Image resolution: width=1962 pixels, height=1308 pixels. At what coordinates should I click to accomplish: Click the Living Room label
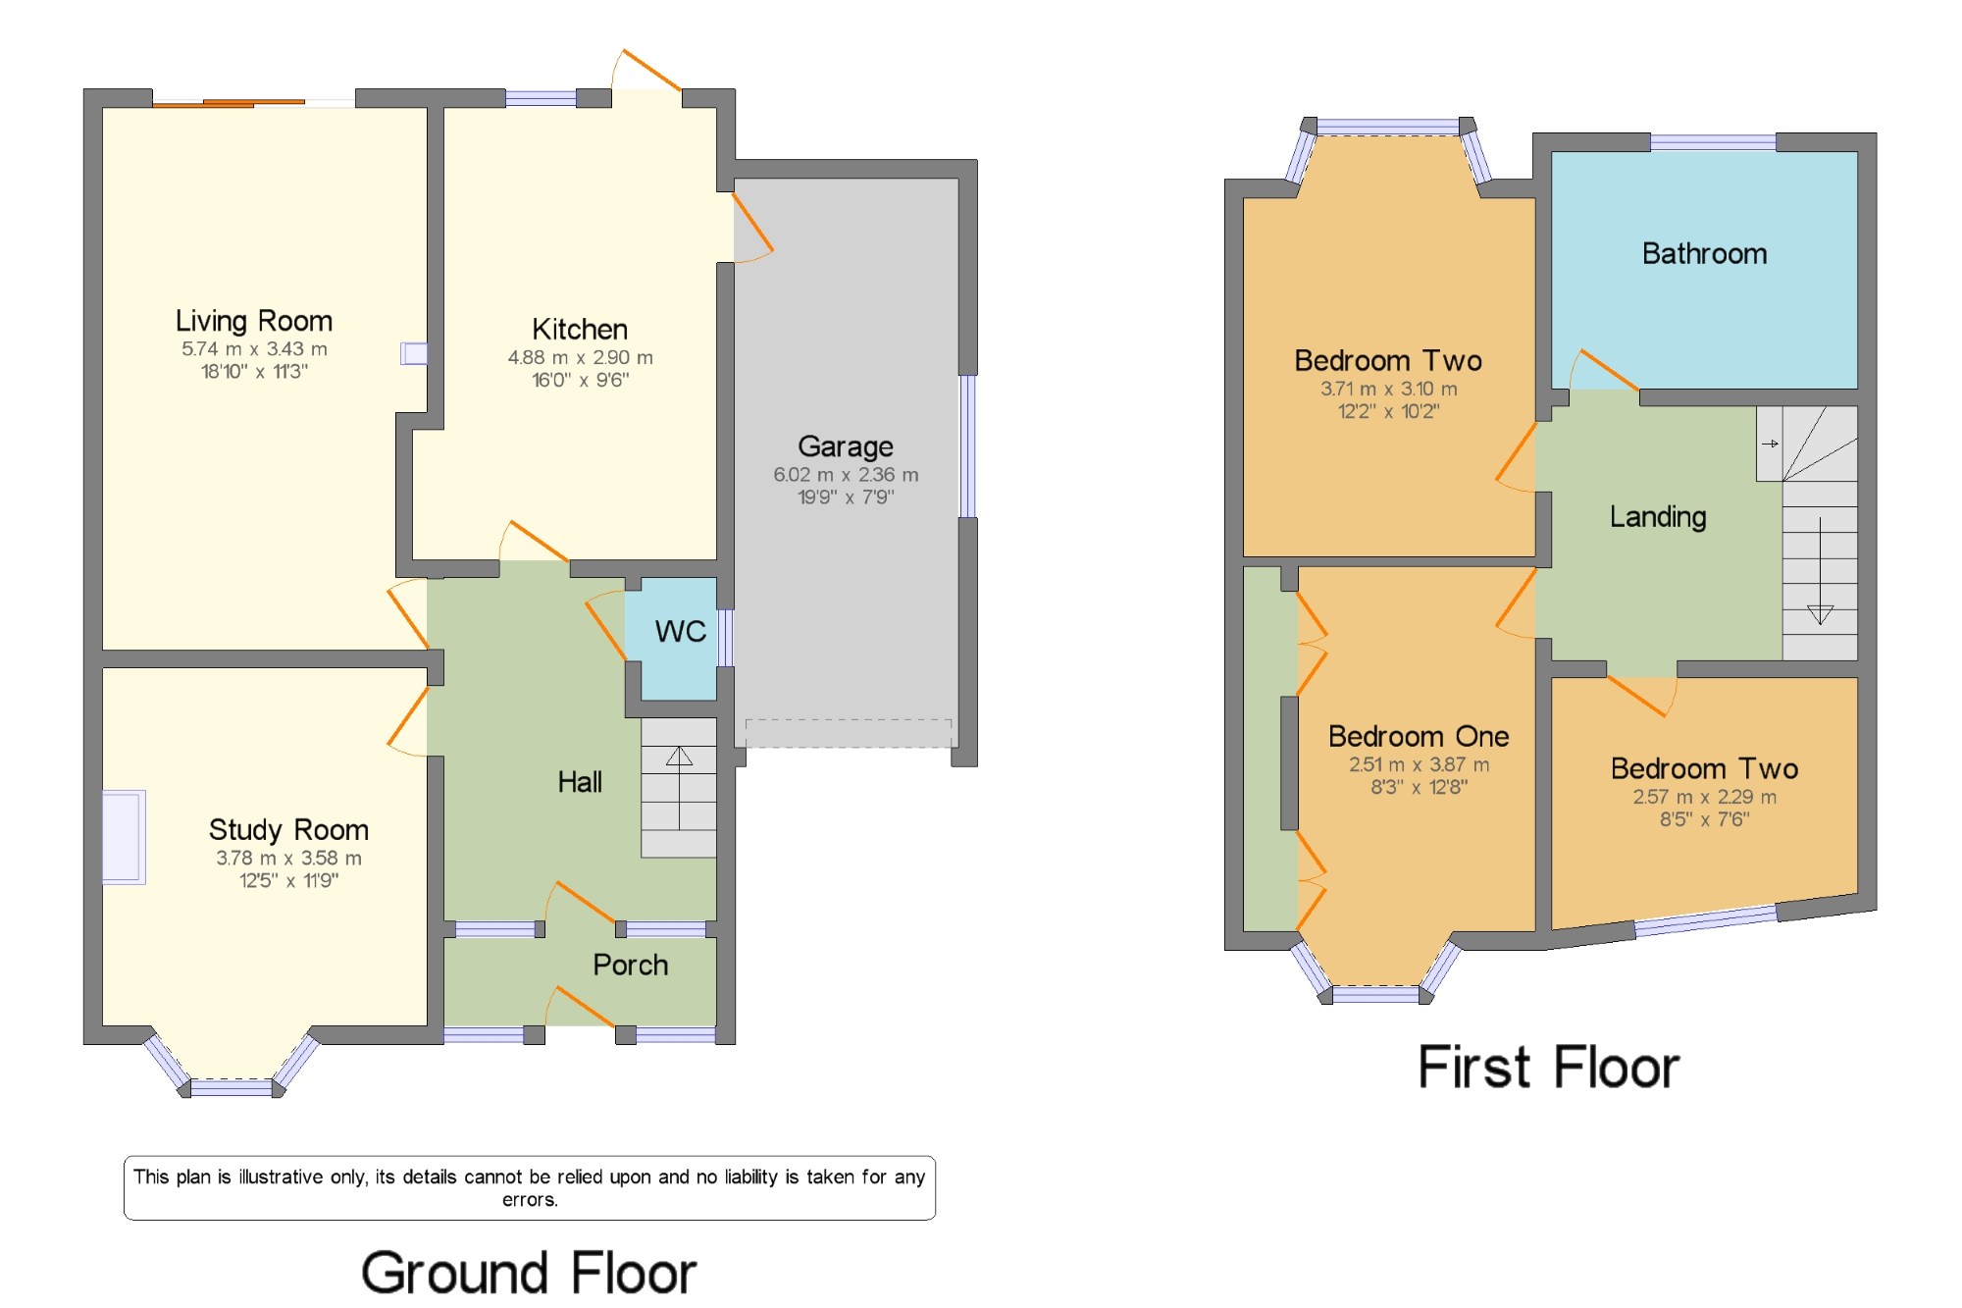click(x=254, y=321)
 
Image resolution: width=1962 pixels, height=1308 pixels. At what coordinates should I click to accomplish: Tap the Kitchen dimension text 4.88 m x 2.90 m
click(x=580, y=358)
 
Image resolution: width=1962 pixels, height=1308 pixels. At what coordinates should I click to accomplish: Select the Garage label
click(x=846, y=446)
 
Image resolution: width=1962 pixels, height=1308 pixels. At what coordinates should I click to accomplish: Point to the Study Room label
click(x=288, y=830)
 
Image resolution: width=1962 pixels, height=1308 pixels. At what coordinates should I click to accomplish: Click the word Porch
click(x=630, y=966)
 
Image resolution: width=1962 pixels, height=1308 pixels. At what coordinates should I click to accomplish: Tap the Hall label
click(x=580, y=782)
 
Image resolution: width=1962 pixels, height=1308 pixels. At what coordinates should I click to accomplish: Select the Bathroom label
click(x=1705, y=254)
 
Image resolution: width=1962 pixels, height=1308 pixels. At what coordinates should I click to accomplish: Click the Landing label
click(x=1658, y=517)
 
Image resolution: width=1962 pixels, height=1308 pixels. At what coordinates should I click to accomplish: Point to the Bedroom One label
click(x=1419, y=736)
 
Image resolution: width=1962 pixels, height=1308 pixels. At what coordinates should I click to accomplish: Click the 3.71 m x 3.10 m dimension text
click(x=1388, y=389)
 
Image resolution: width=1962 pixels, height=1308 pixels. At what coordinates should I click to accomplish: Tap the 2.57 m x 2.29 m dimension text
click(x=1705, y=797)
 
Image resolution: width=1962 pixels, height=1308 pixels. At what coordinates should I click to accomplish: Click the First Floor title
click(x=1549, y=1068)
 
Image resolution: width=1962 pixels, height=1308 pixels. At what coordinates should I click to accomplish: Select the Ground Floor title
click(x=529, y=1273)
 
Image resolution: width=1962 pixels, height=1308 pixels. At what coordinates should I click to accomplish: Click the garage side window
click(x=967, y=446)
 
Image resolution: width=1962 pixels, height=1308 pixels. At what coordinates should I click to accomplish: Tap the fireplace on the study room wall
click(x=124, y=837)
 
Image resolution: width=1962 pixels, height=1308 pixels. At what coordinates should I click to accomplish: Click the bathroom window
click(x=1713, y=142)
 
